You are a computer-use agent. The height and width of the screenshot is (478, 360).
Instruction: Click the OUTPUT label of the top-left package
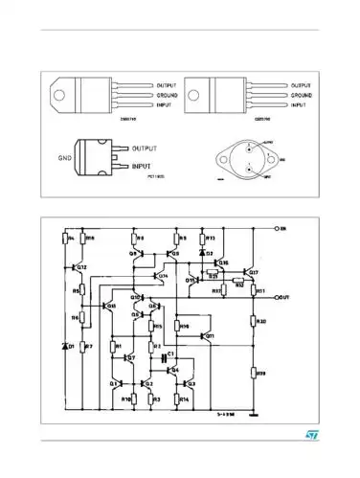click(169, 85)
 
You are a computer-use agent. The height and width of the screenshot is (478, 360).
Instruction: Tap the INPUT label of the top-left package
click(165, 105)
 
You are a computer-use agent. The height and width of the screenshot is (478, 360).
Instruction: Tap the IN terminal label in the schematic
click(281, 229)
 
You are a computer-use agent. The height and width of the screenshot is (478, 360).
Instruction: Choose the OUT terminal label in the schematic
click(283, 298)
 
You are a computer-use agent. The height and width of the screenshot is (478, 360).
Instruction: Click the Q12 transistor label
click(81, 267)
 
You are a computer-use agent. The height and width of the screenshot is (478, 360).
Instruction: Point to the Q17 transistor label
click(254, 273)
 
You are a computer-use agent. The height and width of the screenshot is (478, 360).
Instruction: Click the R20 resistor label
click(262, 321)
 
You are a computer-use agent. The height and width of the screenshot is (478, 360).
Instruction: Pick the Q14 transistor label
click(163, 276)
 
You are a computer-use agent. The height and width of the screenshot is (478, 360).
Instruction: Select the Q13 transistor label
click(111, 306)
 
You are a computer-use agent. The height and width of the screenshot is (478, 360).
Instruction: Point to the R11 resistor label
click(260, 289)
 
